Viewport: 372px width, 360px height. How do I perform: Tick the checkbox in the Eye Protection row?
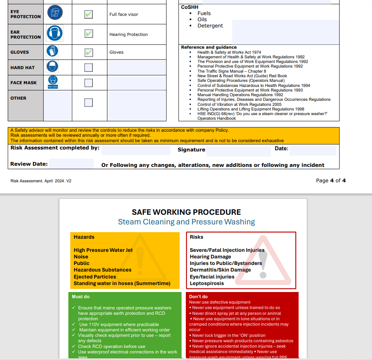(x=89, y=15)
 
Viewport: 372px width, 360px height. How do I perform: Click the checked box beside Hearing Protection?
(x=89, y=34)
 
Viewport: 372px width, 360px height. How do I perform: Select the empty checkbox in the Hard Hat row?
(x=88, y=68)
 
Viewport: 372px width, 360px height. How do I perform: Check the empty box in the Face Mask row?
(x=88, y=83)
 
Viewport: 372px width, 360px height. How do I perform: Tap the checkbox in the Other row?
(x=88, y=102)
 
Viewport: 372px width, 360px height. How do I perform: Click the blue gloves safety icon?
(x=53, y=51)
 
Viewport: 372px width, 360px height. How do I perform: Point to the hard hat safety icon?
(x=53, y=67)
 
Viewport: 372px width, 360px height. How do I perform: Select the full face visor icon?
(x=54, y=13)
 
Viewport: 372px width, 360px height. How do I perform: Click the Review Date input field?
(x=71, y=164)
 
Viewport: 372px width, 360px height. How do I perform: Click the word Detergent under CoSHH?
(x=210, y=25)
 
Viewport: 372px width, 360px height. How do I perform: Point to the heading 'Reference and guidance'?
(x=209, y=47)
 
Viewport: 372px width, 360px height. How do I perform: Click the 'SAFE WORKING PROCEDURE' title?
(x=186, y=212)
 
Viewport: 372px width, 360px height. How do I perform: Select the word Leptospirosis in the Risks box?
(x=207, y=283)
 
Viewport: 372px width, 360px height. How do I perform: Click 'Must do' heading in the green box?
(x=81, y=297)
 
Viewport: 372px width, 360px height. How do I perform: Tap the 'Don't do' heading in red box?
(x=198, y=297)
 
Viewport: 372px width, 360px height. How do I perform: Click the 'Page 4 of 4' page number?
(x=331, y=180)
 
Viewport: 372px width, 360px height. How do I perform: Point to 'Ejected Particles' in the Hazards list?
(x=95, y=277)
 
